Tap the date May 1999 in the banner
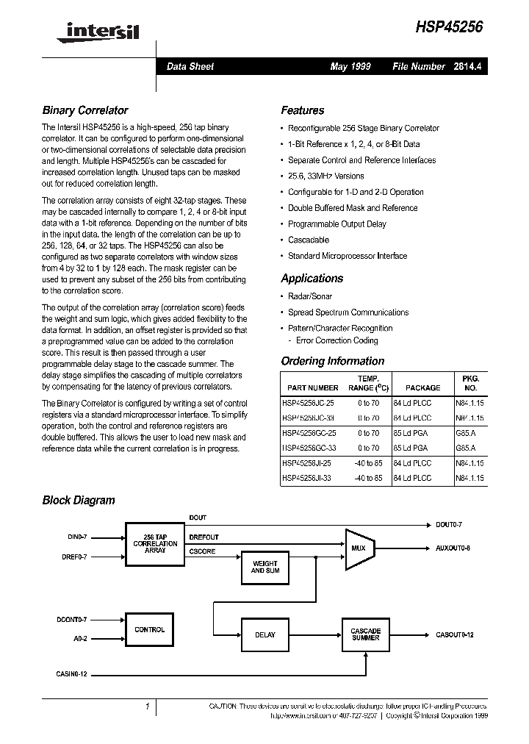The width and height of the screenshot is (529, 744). pyautogui.click(x=350, y=67)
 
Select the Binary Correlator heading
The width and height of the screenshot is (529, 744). pyautogui.click(x=85, y=111)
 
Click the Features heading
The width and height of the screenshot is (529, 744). pyautogui.click(x=303, y=111)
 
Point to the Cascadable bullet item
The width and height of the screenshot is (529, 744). pyautogui.click(x=309, y=240)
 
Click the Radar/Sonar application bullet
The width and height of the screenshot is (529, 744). pyautogui.click(x=310, y=296)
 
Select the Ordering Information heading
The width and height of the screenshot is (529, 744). pyautogui.click(x=333, y=361)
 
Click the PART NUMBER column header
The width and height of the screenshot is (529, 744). pyautogui.click(x=313, y=387)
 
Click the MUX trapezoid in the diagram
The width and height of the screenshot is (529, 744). pyautogui.click(x=359, y=548)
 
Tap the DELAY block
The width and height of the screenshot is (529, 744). pyautogui.click(x=265, y=634)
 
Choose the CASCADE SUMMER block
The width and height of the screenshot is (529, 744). pyautogui.click(x=365, y=634)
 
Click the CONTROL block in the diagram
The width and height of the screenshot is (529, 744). pyautogui.click(x=150, y=630)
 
